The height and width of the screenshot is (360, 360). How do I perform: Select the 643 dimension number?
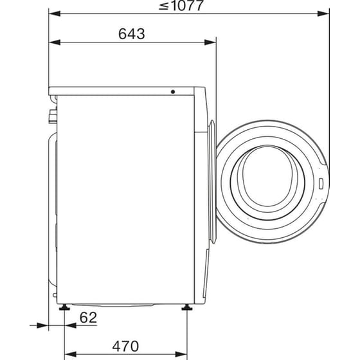pos(131,34)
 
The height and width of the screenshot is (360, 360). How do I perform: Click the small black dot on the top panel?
pos(172,92)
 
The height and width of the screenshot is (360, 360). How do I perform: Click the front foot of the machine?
pos(186,308)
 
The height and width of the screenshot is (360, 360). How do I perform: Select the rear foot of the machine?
pos(65,308)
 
